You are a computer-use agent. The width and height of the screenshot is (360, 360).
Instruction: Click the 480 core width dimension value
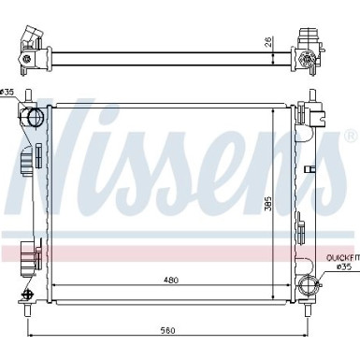(171, 280)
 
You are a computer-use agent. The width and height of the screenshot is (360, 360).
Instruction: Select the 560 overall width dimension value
(168, 330)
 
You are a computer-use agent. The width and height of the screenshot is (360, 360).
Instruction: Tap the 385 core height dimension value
(268, 204)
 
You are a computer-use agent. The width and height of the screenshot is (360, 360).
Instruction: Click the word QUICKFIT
(343, 258)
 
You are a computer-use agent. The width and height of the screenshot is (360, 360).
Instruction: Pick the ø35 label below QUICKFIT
(344, 266)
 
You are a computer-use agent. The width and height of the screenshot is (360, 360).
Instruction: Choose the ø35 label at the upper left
(7, 92)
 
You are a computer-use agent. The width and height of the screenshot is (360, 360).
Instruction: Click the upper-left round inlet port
(36, 117)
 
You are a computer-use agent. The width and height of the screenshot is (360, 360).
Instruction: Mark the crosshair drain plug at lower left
(27, 295)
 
